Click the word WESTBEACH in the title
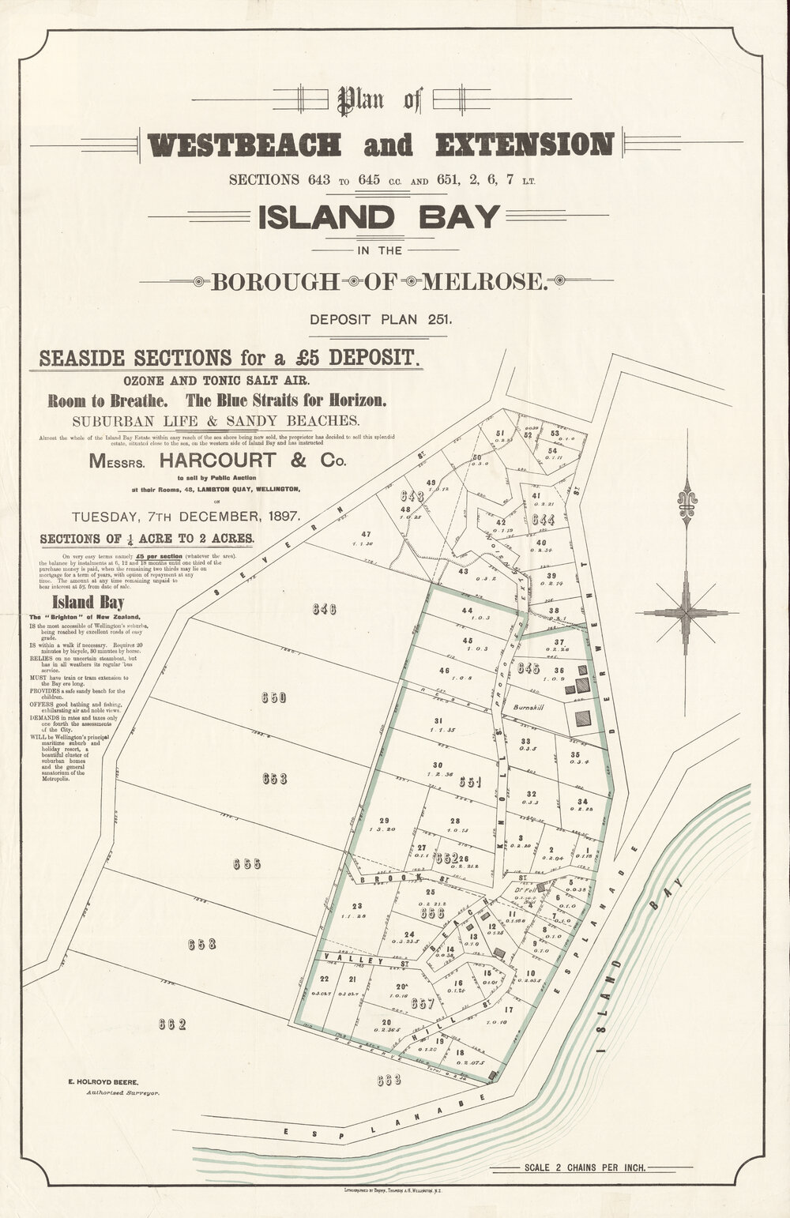(x=245, y=145)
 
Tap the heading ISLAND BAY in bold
(x=379, y=216)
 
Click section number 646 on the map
(x=324, y=609)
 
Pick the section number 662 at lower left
(x=171, y=1025)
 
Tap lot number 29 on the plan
(x=384, y=820)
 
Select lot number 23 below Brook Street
(x=358, y=906)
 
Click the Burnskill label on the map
(x=526, y=708)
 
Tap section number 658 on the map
(x=202, y=944)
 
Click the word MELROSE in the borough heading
(x=485, y=280)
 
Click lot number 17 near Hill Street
(x=508, y=1009)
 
